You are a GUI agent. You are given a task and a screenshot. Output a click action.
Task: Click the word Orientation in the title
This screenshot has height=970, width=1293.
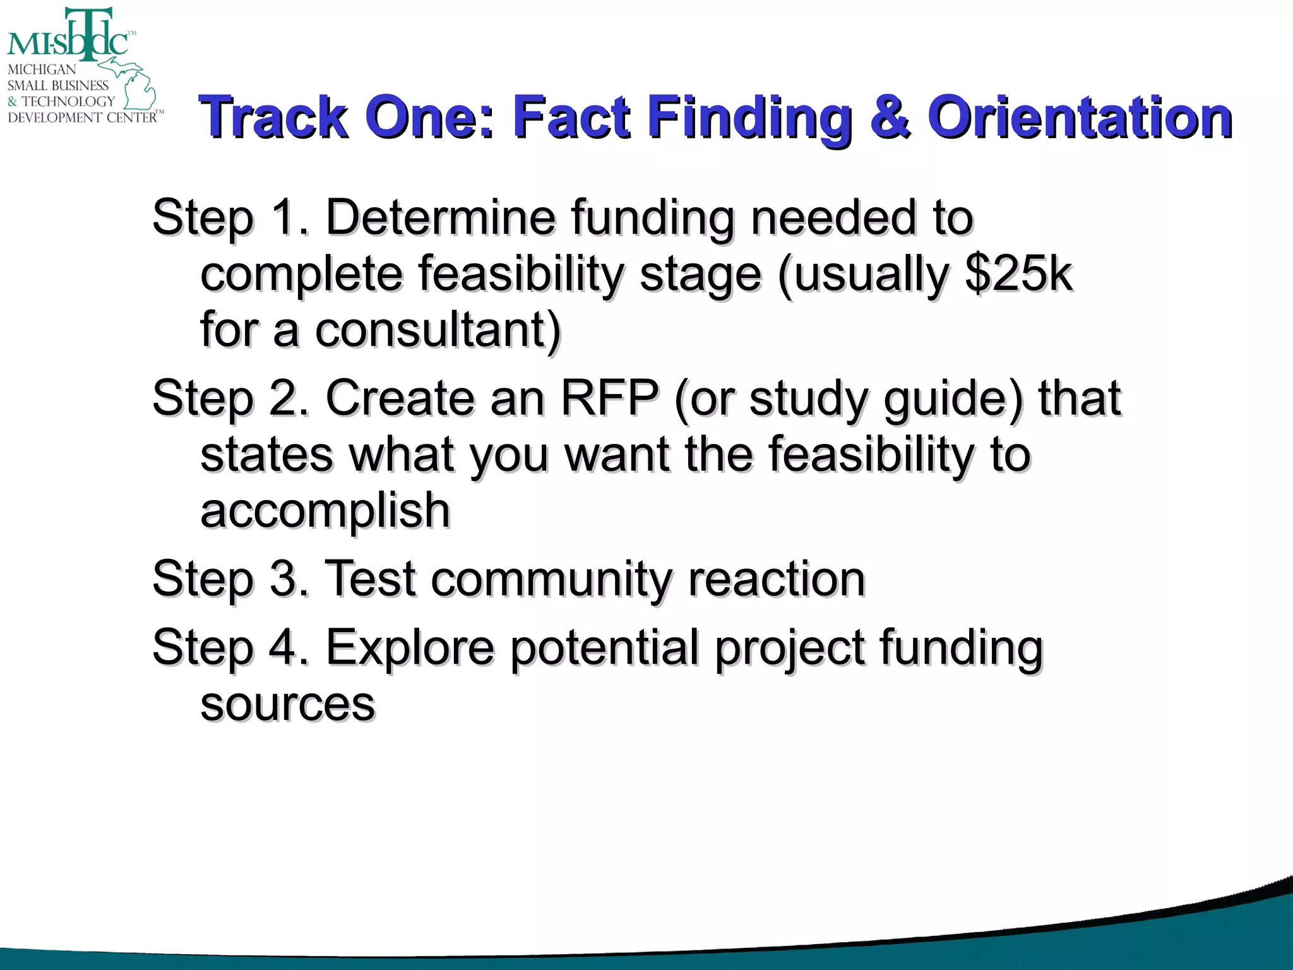pos(1080,117)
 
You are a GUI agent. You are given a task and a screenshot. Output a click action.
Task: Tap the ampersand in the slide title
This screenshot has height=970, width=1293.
pos(890,117)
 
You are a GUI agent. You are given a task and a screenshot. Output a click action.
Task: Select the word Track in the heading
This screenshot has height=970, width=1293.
pos(273,117)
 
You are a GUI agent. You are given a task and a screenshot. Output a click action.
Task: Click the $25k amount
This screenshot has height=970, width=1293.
pos(1019,274)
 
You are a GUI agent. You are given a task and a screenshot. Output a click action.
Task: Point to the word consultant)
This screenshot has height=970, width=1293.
pos(438,330)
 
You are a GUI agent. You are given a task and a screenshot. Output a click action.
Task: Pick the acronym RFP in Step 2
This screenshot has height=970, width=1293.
pos(609,398)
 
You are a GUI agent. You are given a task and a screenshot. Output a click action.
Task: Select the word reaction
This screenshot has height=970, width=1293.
pos(777,579)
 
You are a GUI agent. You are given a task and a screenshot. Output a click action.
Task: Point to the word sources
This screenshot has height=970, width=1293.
pos(287,704)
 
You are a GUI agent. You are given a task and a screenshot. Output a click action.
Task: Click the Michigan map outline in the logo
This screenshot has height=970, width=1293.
pos(136,85)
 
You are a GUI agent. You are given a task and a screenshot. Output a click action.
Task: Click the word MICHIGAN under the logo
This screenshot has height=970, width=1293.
pos(42,69)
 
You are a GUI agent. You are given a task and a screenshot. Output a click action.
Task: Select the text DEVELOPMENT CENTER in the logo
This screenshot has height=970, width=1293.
pos(82,117)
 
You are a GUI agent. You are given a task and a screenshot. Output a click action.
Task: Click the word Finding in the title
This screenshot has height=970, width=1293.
pos(750,117)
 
